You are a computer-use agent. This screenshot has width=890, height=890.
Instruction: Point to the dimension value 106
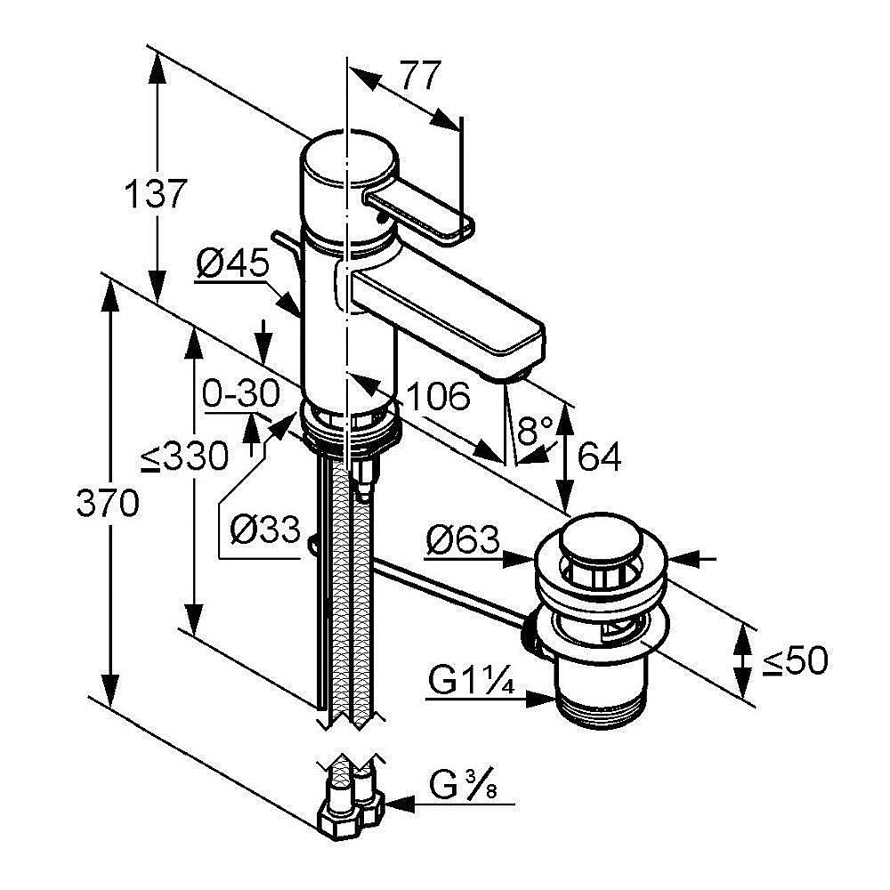coord(439,397)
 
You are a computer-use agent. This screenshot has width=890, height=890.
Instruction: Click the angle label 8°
coord(536,433)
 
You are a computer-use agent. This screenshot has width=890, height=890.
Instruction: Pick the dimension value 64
coord(598,457)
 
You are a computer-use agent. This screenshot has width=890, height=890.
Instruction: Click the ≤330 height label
coord(184,457)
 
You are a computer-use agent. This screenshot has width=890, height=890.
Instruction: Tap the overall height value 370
coord(107,505)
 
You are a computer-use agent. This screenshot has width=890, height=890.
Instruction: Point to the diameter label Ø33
coord(264,530)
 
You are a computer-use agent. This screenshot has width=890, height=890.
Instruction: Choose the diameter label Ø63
coord(462,540)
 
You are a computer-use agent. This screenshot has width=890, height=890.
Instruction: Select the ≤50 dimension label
coord(794,660)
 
